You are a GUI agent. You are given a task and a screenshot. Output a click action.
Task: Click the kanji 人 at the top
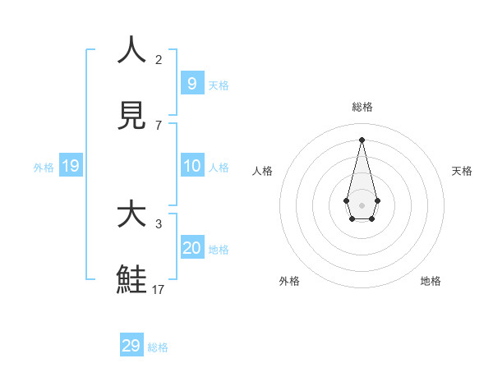click(x=131, y=50)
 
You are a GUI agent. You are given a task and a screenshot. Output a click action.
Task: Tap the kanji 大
click(x=131, y=214)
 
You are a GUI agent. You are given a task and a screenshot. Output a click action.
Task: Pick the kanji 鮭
click(x=131, y=280)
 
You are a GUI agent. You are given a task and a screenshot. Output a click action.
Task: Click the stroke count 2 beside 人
click(x=159, y=59)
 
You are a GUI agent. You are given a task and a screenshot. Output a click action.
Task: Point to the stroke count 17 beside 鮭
click(x=159, y=289)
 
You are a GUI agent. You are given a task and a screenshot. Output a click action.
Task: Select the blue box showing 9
click(x=191, y=84)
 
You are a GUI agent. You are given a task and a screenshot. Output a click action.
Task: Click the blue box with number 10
click(x=191, y=166)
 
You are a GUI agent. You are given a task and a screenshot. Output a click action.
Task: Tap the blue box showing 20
click(x=191, y=248)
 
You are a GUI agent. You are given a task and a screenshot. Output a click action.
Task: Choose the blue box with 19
click(x=70, y=166)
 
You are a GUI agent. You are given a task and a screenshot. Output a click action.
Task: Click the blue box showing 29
click(x=131, y=346)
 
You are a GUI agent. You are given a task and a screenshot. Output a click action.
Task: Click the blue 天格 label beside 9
click(x=219, y=85)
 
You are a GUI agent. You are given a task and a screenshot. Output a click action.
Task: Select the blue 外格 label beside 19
click(x=44, y=168)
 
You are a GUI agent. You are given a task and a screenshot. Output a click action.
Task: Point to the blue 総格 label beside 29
click(x=158, y=347)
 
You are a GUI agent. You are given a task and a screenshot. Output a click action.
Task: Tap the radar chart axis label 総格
click(x=362, y=107)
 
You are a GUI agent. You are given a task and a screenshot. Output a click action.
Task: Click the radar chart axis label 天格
click(x=462, y=171)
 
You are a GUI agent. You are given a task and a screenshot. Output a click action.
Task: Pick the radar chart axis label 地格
click(x=431, y=281)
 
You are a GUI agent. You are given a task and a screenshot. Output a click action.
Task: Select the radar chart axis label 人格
click(x=262, y=171)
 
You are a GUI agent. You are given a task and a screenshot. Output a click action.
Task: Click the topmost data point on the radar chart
click(x=362, y=139)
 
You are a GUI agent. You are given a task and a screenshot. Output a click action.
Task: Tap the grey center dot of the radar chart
click(x=362, y=205)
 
